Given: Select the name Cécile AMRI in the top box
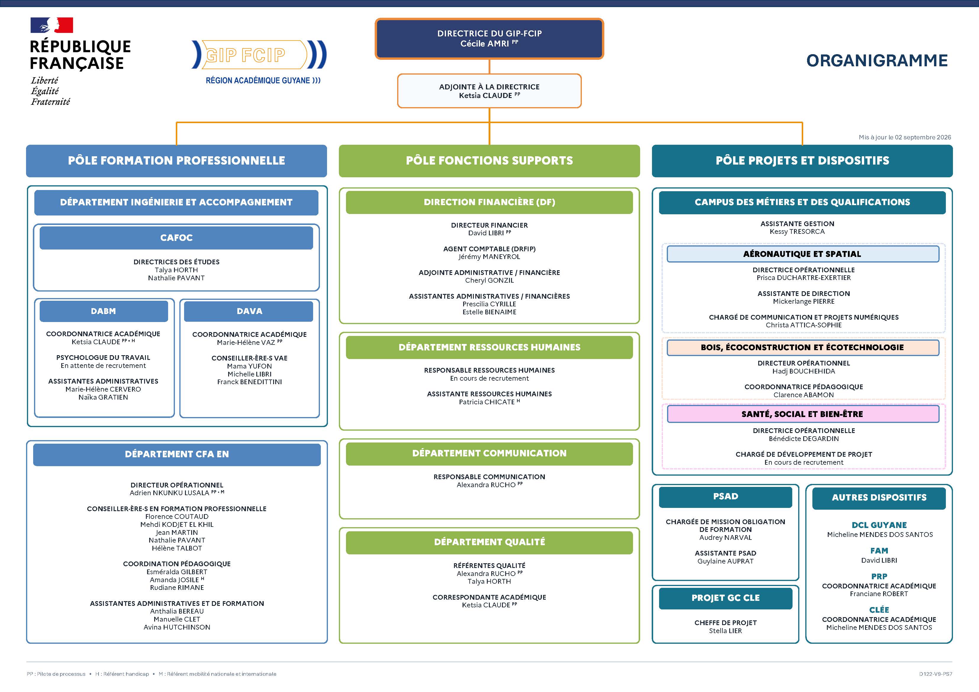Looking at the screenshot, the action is [x=484, y=44].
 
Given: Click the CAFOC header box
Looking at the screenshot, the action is [x=176, y=237].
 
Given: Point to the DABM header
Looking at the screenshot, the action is [x=104, y=311].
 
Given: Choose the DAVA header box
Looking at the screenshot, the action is [x=249, y=311].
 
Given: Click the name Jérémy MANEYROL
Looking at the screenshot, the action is [x=489, y=257].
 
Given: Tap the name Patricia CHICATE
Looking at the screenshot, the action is [x=487, y=402].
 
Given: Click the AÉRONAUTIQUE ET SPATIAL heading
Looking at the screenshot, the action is [x=803, y=254].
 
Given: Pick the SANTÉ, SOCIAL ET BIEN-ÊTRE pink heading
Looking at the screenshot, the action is [x=803, y=414].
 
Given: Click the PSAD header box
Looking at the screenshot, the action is [x=725, y=497].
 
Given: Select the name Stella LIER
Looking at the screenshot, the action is [x=725, y=631].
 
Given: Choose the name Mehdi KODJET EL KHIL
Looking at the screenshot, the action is [x=177, y=524].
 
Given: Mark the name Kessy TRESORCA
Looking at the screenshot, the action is [x=797, y=231].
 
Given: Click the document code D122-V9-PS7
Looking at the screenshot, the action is [x=935, y=674].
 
